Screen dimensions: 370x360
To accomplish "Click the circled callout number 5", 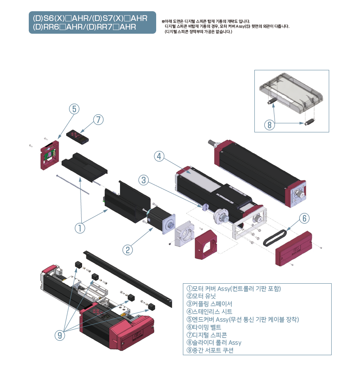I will [x=74, y=109].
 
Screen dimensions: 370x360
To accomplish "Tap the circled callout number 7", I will [x=98, y=120].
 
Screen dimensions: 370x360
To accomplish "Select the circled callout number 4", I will [x=160, y=156].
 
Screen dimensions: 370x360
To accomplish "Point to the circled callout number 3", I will [x=143, y=180].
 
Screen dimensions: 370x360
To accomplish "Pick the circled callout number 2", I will [x=128, y=249].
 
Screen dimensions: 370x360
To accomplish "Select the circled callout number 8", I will [x=269, y=125].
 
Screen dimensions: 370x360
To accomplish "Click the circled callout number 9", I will [x=60, y=335].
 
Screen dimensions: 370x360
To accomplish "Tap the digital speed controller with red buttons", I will [x=78, y=136].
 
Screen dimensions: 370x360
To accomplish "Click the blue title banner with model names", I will [x=92, y=23].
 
